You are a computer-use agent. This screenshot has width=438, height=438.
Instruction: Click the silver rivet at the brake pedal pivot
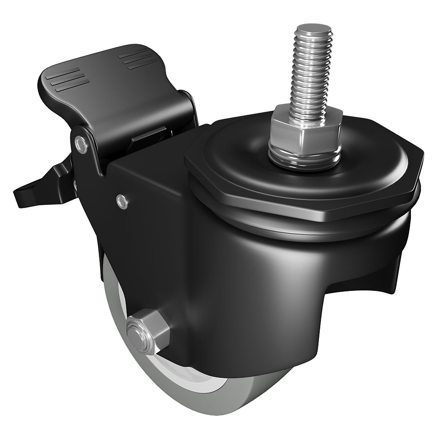81,144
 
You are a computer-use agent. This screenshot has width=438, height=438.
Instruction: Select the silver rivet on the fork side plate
123,201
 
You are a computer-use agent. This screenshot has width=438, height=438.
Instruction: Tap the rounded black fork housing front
272,298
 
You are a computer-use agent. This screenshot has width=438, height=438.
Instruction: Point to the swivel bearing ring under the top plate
307,228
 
